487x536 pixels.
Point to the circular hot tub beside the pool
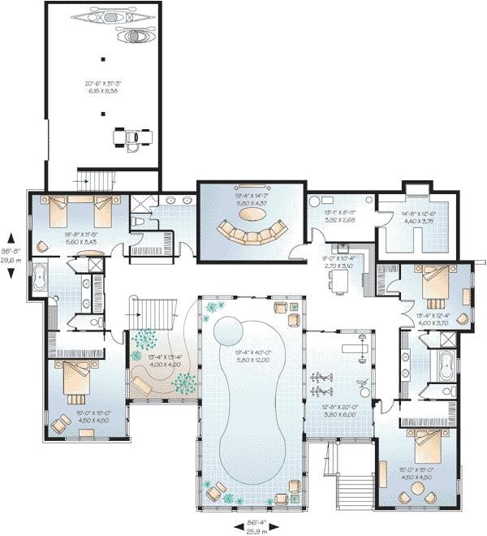point(229,330)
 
